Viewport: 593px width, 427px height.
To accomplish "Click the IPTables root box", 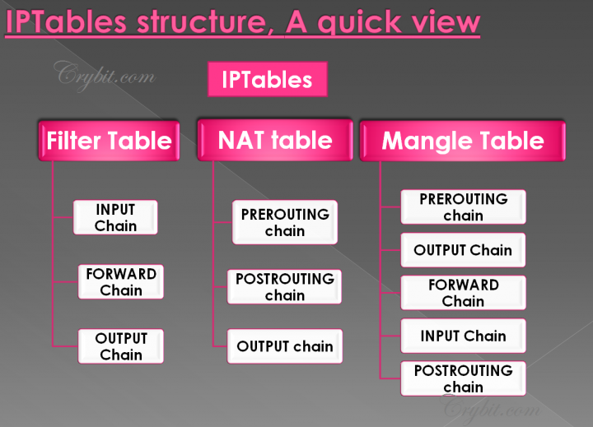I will point(267,80).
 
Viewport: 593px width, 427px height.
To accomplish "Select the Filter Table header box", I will point(109,140).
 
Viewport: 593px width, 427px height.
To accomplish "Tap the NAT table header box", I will point(275,140).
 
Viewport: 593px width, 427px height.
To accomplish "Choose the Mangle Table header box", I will point(462,141).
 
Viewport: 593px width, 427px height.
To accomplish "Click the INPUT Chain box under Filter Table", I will point(115,217).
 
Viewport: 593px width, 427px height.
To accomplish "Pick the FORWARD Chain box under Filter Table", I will point(121,281).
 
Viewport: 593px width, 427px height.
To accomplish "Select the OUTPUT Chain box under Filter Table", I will point(121,346).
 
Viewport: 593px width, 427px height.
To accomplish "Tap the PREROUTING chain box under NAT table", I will point(285,222).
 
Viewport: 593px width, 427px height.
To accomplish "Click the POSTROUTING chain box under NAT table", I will point(285,286).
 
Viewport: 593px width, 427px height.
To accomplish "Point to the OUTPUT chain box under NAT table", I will point(285,346).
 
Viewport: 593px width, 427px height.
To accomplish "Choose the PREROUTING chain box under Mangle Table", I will point(463,207).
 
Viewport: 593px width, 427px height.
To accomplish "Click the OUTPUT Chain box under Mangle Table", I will point(463,250).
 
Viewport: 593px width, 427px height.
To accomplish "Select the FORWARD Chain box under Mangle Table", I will point(463,293).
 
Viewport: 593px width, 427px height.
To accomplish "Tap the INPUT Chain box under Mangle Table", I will point(463,336).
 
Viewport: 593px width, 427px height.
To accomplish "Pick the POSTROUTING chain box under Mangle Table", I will point(463,378).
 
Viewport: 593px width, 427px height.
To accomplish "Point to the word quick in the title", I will point(362,24).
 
